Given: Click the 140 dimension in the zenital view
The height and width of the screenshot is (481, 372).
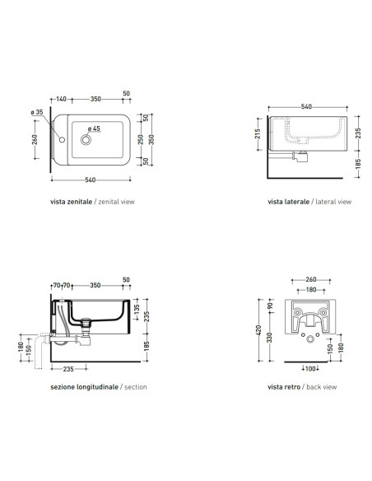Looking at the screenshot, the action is click(x=61, y=99).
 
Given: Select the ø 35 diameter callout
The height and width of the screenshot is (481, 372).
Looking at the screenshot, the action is click(x=37, y=112).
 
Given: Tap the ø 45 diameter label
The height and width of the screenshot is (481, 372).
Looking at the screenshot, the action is click(x=94, y=128).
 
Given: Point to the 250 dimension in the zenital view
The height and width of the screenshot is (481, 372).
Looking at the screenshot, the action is click(x=141, y=139).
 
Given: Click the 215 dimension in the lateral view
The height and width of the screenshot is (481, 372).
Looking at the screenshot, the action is click(x=258, y=133).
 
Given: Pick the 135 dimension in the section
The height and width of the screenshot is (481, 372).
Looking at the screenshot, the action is click(x=137, y=309).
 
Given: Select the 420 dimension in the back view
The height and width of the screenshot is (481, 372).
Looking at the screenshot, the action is click(x=258, y=330).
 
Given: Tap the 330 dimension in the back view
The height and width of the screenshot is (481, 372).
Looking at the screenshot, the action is click(x=269, y=338).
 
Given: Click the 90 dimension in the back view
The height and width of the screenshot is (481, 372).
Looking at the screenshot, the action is click(x=270, y=306).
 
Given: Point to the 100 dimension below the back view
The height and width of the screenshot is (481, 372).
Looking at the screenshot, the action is click(x=310, y=369).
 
